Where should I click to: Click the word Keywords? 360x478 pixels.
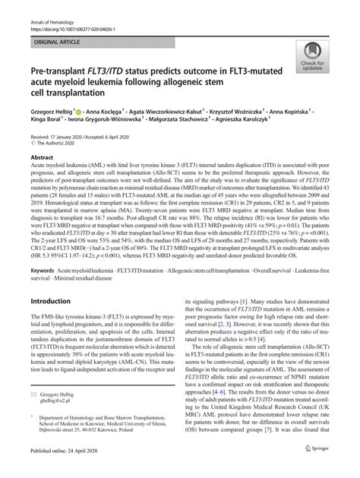[45, 270]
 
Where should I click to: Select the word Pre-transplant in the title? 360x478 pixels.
[61, 78]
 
